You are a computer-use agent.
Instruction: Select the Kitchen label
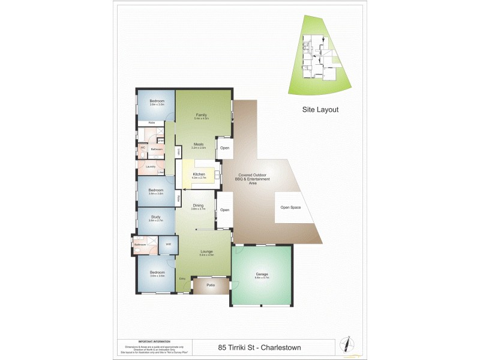click(x=198, y=175)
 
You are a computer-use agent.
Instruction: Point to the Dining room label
click(x=198, y=206)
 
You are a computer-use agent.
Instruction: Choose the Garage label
click(x=262, y=275)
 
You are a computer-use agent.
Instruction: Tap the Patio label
click(x=211, y=285)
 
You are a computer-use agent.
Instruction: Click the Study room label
click(x=156, y=217)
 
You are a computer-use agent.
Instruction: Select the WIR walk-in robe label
click(x=169, y=244)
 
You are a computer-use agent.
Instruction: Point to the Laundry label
click(x=151, y=167)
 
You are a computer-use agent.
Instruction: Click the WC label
click(x=143, y=147)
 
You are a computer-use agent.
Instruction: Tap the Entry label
click(x=182, y=279)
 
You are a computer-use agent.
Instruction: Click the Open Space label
click(x=290, y=208)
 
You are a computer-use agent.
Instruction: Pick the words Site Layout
click(x=320, y=110)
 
